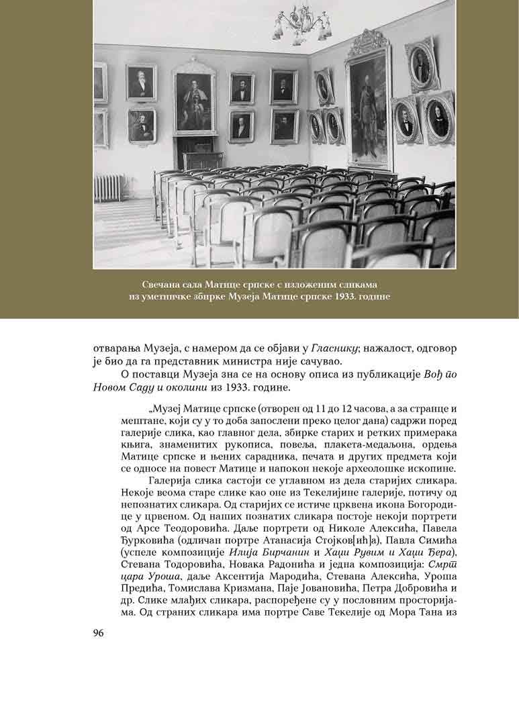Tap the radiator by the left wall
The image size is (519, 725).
pyautogui.click(x=109, y=187)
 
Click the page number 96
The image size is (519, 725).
pyautogui.click(x=100, y=632)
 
